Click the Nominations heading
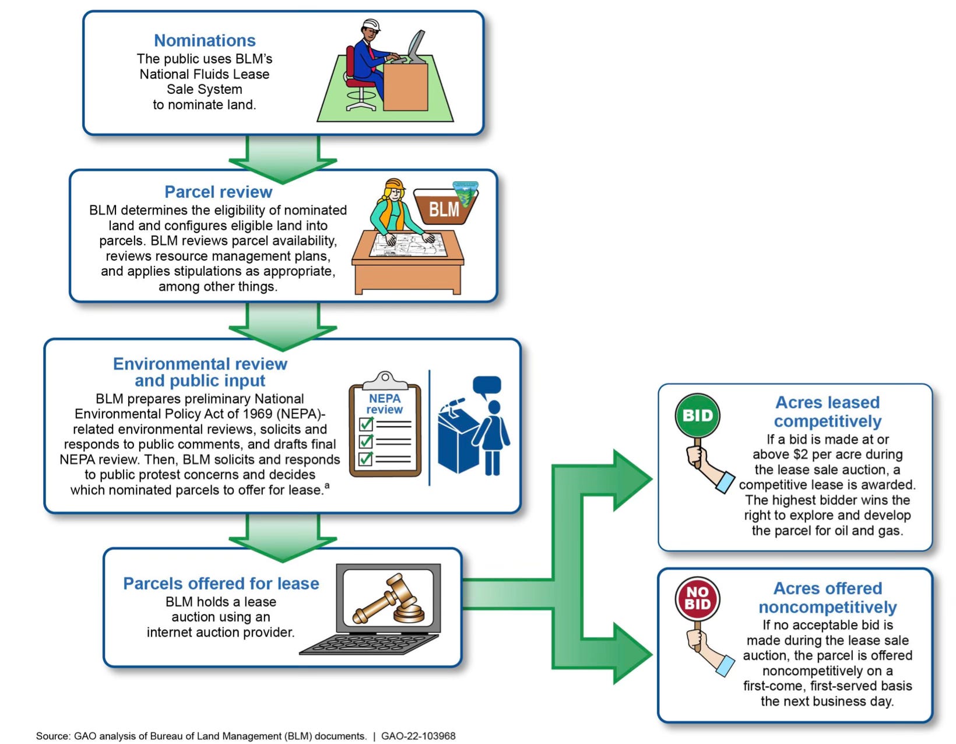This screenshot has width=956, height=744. (205, 40)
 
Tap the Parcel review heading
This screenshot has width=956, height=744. (218, 192)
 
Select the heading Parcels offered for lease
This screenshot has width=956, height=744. (221, 584)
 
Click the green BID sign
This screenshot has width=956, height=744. (698, 416)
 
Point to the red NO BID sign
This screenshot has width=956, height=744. (698, 599)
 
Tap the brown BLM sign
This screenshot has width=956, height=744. (444, 208)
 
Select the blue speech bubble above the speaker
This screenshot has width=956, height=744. (486, 385)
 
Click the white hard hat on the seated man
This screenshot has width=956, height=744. (371, 25)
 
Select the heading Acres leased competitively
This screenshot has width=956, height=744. (827, 412)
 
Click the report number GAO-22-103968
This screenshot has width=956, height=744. (418, 736)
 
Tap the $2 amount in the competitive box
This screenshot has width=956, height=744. (800, 454)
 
